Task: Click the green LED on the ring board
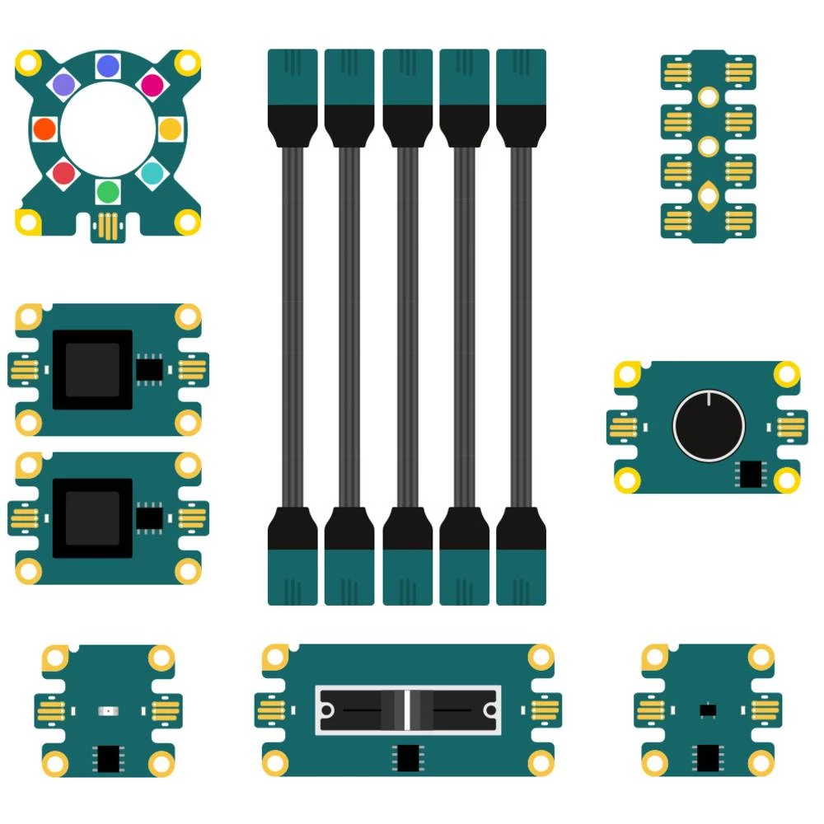108,192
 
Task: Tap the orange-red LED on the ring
44,129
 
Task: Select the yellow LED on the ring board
170,129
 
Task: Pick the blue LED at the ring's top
108,66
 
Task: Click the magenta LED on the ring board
152,84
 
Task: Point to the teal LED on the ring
152,173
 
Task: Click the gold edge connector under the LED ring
107,225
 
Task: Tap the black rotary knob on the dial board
709,426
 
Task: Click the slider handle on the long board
407,709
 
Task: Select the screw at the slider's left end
327,709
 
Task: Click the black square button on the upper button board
92,370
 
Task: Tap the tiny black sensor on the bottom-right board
707,709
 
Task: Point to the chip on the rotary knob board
751,474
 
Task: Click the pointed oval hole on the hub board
708,195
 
